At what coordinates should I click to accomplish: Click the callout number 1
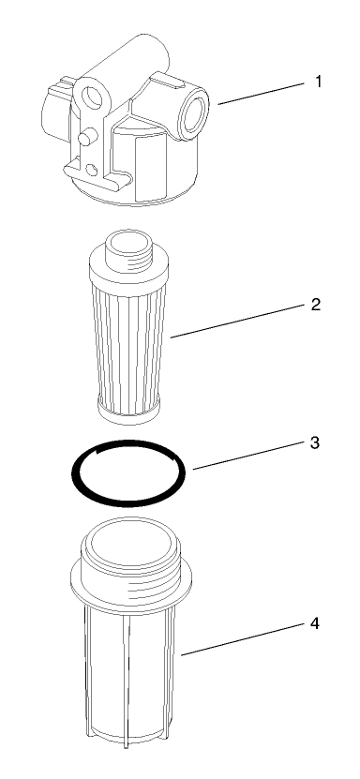pos(318,81)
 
